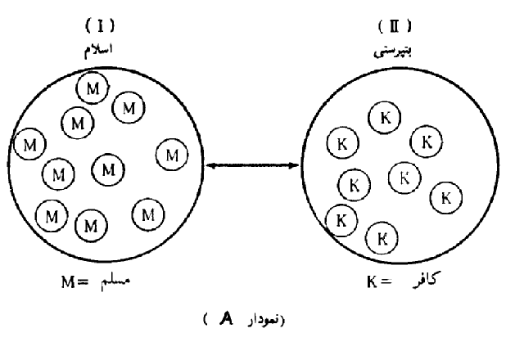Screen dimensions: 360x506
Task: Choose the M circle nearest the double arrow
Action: click(171, 153)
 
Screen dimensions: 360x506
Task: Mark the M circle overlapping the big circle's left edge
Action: click(30, 144)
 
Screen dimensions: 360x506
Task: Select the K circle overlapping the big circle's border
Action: click(340, 219)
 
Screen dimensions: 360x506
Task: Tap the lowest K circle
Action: click(382, 238)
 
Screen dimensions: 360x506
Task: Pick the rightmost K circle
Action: click(445, 196)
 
